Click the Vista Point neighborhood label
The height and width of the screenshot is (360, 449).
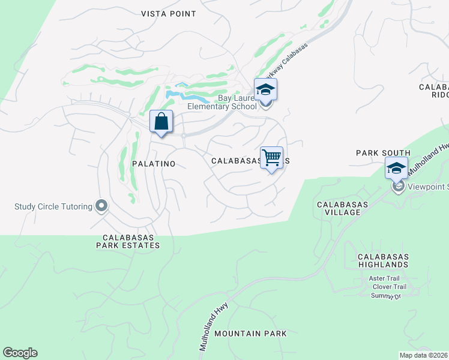point(169,13)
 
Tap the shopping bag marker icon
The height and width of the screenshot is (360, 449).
point(161,122)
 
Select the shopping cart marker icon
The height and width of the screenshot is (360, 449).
point(272,158)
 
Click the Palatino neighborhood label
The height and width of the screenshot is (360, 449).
point(154,163)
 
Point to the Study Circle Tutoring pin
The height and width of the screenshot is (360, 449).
point(101,206)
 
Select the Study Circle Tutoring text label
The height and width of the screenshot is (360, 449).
point(53,207)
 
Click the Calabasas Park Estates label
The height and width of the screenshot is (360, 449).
point(131,241)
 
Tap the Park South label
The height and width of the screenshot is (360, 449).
point(383,153)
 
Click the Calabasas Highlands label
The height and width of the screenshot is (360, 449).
point(383,260)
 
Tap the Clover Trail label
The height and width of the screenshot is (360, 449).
point(389,287)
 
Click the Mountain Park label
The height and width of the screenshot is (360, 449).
point(250,333)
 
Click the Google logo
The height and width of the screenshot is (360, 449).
point(20,353)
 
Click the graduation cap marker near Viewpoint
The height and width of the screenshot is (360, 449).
point(396,169)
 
